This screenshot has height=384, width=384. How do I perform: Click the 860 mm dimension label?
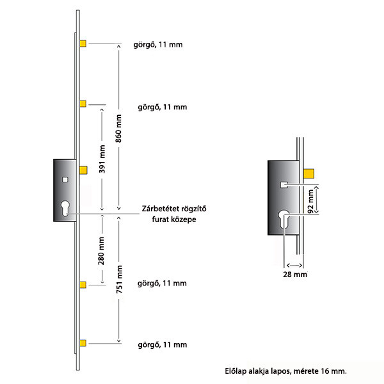coord(118,129)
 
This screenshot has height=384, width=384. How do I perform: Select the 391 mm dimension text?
coord(102,159)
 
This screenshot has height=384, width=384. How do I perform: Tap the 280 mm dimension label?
coord(101,251)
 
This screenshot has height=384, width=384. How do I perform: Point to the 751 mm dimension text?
coord(119,280)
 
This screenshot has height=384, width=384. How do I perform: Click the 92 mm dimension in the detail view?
coord(310,202)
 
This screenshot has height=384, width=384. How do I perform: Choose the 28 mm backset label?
coord(295,275)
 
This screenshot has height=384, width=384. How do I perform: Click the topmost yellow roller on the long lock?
coord(83,44)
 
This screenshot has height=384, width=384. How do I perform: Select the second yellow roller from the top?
coord(83,104)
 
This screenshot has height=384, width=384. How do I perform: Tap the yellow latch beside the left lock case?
coord(83,170)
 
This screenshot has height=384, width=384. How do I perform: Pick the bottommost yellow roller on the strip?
coord(83,343)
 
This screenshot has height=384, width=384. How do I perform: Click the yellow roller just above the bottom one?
coord(83,285)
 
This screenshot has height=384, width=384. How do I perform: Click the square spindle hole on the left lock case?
coord(65,180)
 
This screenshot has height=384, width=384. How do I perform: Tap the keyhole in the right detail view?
coord(284,220)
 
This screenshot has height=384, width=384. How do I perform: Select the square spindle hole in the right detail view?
coord(284,185)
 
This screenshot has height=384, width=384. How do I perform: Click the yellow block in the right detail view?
coord(309,173)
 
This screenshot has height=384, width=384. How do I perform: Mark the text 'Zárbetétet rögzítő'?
coord(174,209)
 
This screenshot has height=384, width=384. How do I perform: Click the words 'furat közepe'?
coord(174,220)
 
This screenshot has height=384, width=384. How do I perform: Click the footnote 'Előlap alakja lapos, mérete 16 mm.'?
coord(286,371)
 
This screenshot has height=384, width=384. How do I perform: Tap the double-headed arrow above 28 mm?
coord(294,265)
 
